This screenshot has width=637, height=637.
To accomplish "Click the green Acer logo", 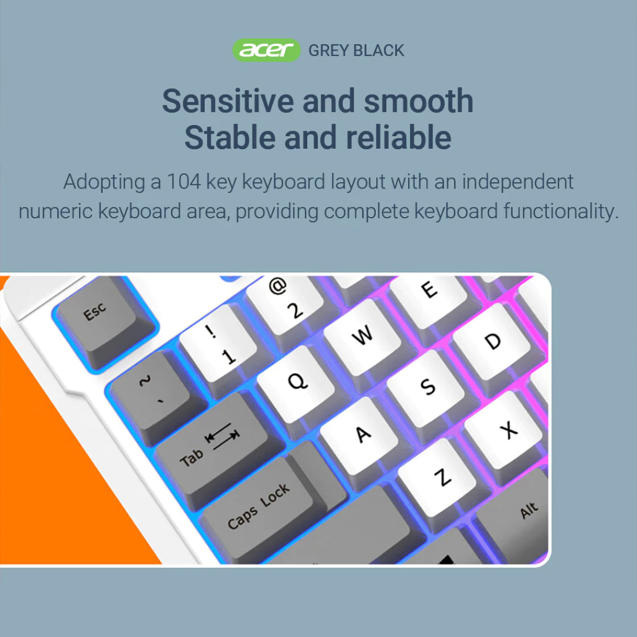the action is tap(266, 50).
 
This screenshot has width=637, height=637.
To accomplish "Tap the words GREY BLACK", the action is tap(356, 50).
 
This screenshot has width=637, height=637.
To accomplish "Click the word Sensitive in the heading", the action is tap(228, 101).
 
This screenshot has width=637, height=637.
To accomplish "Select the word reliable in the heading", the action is tap(399, 137).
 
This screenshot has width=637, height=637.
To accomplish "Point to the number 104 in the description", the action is tap(184, 182).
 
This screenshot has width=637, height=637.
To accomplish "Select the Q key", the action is tap(296, 382).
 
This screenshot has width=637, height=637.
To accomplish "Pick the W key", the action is tap(362, 335).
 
